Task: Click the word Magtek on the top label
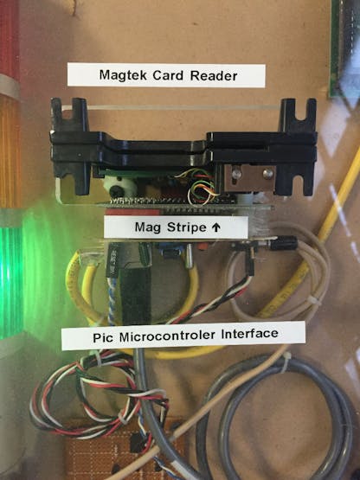(124, 75)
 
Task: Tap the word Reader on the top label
(214, 75)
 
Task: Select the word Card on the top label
(169, 75)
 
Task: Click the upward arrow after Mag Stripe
(216, 227)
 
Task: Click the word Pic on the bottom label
(103, 337)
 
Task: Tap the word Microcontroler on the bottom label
(167, 336)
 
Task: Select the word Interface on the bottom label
(249, 334)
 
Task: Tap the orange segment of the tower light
(10, 153)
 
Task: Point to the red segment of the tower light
(9, 36)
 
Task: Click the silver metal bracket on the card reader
(249, 178)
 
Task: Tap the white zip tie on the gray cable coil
(286, 362)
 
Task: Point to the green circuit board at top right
(344, 49)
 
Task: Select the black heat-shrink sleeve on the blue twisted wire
(112, 261)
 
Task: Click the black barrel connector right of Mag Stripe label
(282, 244)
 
